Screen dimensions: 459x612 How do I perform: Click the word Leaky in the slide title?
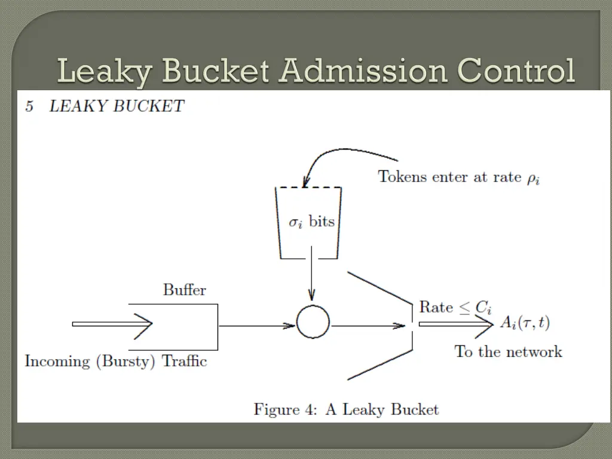tap(105, 72)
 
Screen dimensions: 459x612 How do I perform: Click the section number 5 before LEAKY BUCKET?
tap(29, 106)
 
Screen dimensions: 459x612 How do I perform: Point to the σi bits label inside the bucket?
tap(311, 222)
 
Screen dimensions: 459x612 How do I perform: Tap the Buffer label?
tap(185, 290)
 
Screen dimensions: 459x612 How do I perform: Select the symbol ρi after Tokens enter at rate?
tap(533, 179)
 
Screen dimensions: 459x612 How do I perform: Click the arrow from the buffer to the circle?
tap(257, 326)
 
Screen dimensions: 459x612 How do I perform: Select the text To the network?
tap(508, 351)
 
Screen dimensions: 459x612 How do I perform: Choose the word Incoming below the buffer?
tap(57, 362)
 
